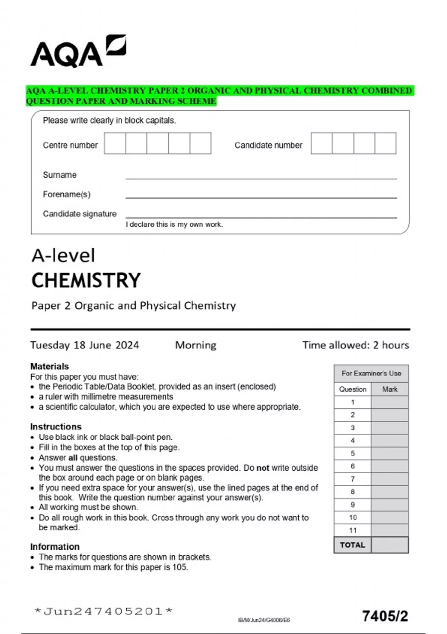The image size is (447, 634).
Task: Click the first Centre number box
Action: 115,143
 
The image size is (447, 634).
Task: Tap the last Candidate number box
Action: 385,143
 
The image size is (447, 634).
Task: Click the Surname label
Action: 60,175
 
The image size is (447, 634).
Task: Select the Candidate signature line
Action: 261,217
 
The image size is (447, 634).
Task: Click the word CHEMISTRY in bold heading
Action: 86,280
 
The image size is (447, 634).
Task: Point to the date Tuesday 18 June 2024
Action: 85,345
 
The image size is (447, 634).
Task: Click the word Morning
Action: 196,345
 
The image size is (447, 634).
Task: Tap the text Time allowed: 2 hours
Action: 355,345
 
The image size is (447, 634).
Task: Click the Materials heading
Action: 50,366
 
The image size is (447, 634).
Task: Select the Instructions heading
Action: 56,427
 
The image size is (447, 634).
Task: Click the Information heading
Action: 55,547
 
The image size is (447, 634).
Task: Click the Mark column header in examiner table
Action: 390,389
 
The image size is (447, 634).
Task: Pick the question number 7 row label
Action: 352,479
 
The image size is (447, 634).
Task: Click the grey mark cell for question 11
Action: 390,530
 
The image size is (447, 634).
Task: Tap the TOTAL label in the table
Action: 352,545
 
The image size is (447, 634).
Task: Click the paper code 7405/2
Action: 385,616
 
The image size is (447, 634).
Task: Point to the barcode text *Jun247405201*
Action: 103,611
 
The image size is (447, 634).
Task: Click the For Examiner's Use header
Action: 371,373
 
